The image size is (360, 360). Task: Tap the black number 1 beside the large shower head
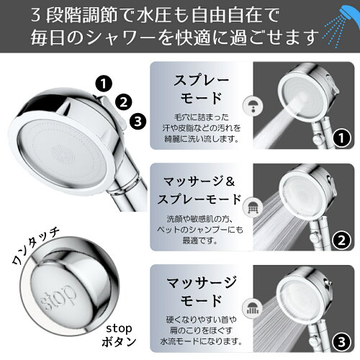(x=104, y=84)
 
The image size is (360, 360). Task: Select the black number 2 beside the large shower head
(x=124, y=102)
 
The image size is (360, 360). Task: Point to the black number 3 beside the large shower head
(x=138, y=121)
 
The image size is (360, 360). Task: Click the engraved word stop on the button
(x=58, y=297)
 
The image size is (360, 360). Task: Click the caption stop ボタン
(x=119, y=335)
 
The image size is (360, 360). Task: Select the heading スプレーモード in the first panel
(x=201, y=89)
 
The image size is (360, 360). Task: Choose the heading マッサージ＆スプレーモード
(x=199, y=190)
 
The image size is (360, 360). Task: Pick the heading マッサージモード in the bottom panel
(x=201, y=292)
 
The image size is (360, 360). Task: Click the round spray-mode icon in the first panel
(x=253, y=106)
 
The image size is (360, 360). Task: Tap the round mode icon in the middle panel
(x=253, y=207)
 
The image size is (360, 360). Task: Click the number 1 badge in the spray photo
(x=342, y=138)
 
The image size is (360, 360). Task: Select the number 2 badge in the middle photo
(x=342, y=240)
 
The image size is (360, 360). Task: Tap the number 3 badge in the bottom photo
(x=342, y=342)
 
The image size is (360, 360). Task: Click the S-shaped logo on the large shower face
(x=63, y=153)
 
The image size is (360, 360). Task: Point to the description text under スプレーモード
(x=201, y=127)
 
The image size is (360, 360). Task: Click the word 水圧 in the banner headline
(x=155, y=15)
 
